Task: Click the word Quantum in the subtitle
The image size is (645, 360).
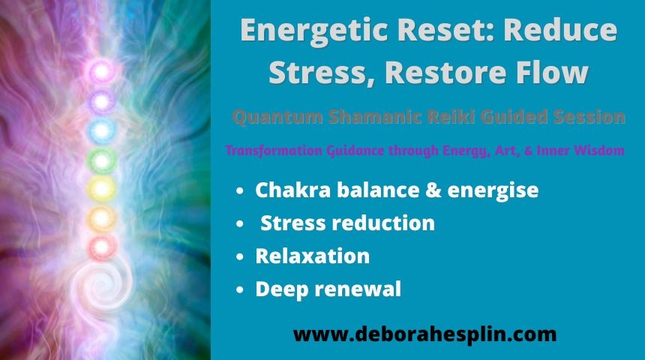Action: [277, 117]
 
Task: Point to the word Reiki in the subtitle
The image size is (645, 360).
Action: [451, 117]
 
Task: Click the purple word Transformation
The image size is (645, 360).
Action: [274, 151]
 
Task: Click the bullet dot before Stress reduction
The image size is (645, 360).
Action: [240, 224]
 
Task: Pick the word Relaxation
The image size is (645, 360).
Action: [313, 256]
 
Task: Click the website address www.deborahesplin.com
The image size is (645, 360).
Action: [425, 334]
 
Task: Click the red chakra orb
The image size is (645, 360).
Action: [101, 247]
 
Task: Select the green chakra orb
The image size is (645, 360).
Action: [101, 160]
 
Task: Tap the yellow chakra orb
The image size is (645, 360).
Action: [101, 189]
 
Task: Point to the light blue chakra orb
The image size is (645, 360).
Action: [101, 130]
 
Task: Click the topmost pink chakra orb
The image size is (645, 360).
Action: [101, 72]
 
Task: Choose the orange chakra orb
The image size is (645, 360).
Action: [101, 218]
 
